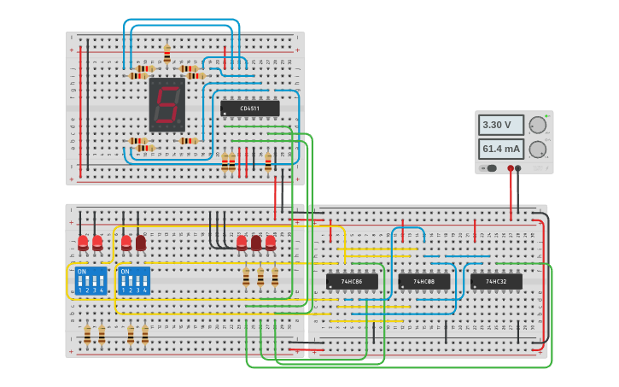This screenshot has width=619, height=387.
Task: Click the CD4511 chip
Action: (x=249, y=108)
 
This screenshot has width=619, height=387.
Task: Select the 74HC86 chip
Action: (x=352, y=281)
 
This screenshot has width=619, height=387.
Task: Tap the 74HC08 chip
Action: (x=423, y=281)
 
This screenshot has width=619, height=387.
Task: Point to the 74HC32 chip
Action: (x=495, y=281)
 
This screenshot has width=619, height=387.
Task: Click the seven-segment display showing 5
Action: (x=166, y=104)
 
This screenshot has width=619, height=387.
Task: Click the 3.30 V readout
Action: (x=500, y=125)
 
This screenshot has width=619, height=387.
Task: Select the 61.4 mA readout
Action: (x=500, y=149)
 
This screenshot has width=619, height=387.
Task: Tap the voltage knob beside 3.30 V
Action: (x=538, y=125)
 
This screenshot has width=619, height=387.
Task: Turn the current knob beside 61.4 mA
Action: (x=538, y=150)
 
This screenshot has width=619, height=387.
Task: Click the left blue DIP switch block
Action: (x=91, y=280)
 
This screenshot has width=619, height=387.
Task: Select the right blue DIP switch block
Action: (x=134, y=280)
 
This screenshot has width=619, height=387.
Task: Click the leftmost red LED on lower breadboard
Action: (x=83, y=243)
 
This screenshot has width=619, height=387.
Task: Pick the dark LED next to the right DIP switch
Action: (x=141, y=243)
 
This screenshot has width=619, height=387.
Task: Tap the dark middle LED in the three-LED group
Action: (x=256, y=243)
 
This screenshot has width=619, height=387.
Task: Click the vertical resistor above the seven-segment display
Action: (x=166, y=54)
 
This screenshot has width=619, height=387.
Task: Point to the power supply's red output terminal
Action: (x=511, y=168)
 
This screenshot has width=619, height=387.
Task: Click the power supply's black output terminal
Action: (x=518, y=168)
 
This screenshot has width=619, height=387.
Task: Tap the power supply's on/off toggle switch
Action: (x=491, y=168)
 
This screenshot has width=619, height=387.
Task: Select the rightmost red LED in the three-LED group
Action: (x=271, y=243)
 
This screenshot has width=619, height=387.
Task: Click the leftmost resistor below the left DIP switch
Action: (x=87, y=334)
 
